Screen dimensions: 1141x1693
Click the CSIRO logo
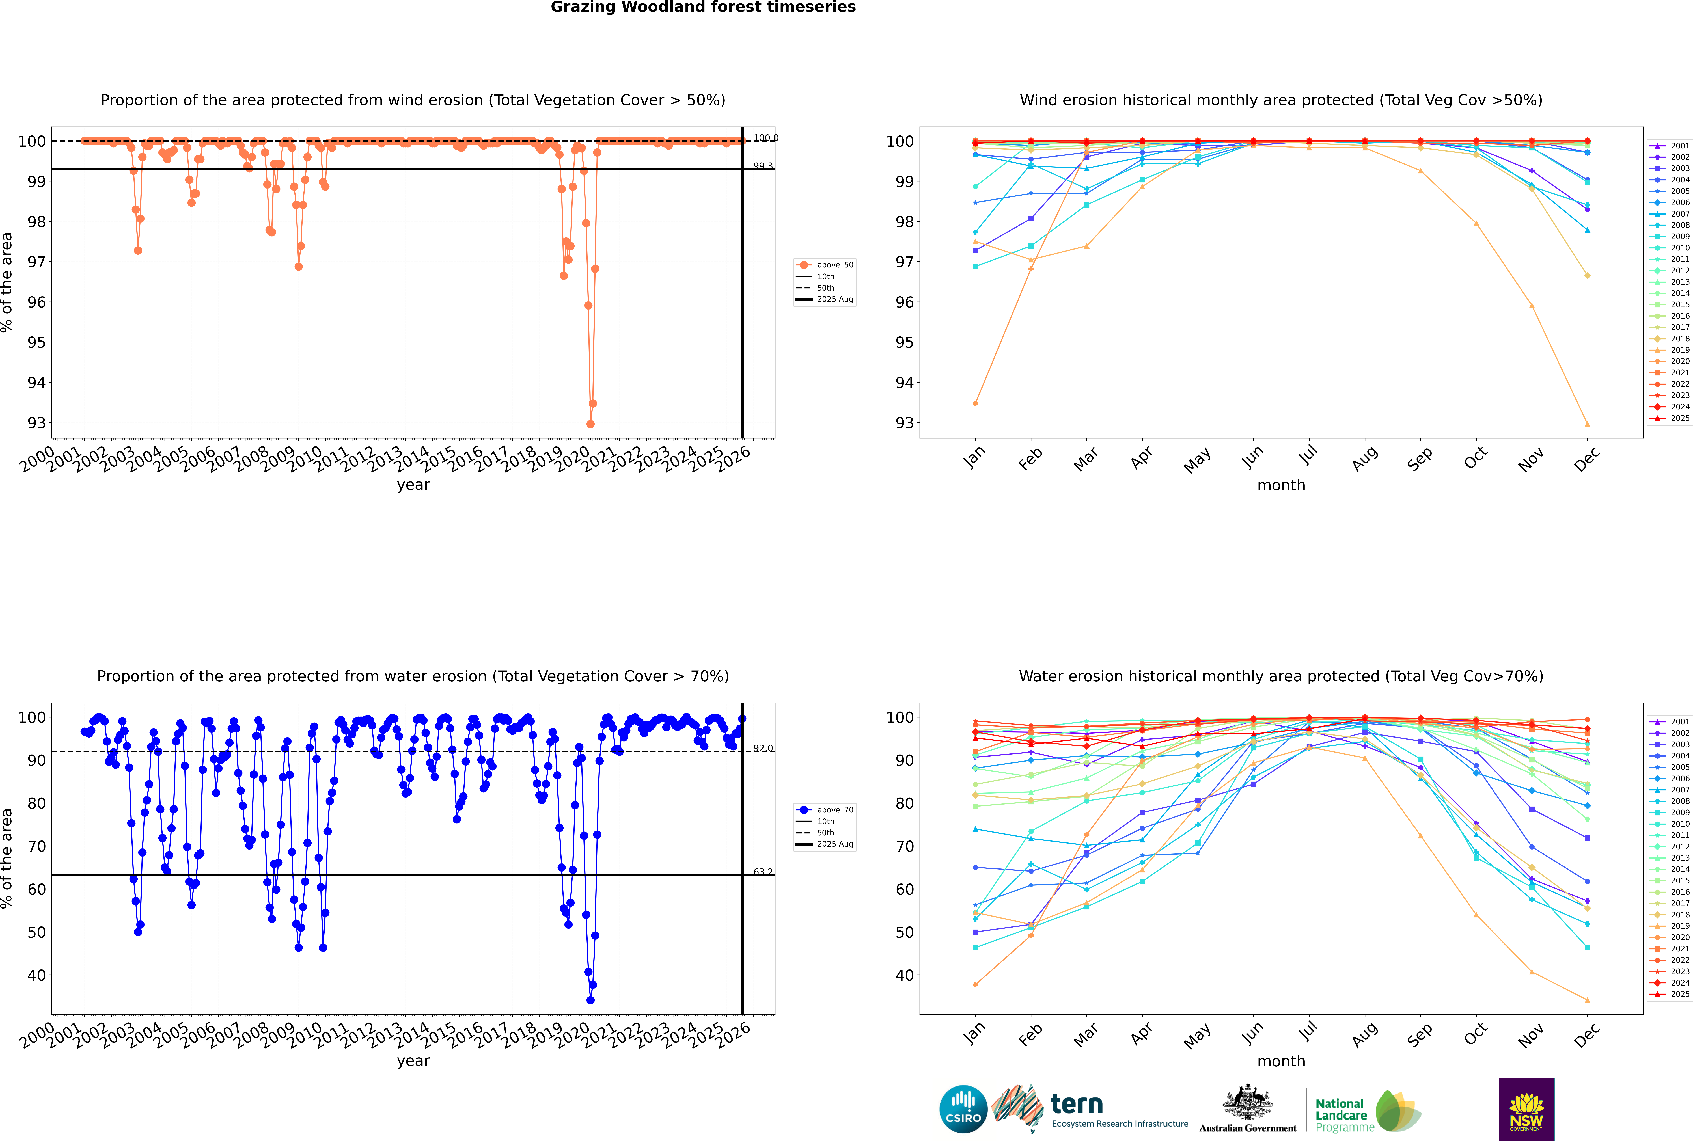963,1109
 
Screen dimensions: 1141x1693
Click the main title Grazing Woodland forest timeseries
703,7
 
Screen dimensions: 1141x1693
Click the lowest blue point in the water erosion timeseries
590,1000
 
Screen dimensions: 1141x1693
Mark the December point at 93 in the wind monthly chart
1588,424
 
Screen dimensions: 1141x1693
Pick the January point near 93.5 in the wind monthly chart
975,403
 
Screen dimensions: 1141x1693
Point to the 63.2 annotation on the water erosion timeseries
763,872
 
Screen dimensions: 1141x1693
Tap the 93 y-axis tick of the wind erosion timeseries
36,423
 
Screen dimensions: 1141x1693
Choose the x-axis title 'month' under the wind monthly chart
1281,485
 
